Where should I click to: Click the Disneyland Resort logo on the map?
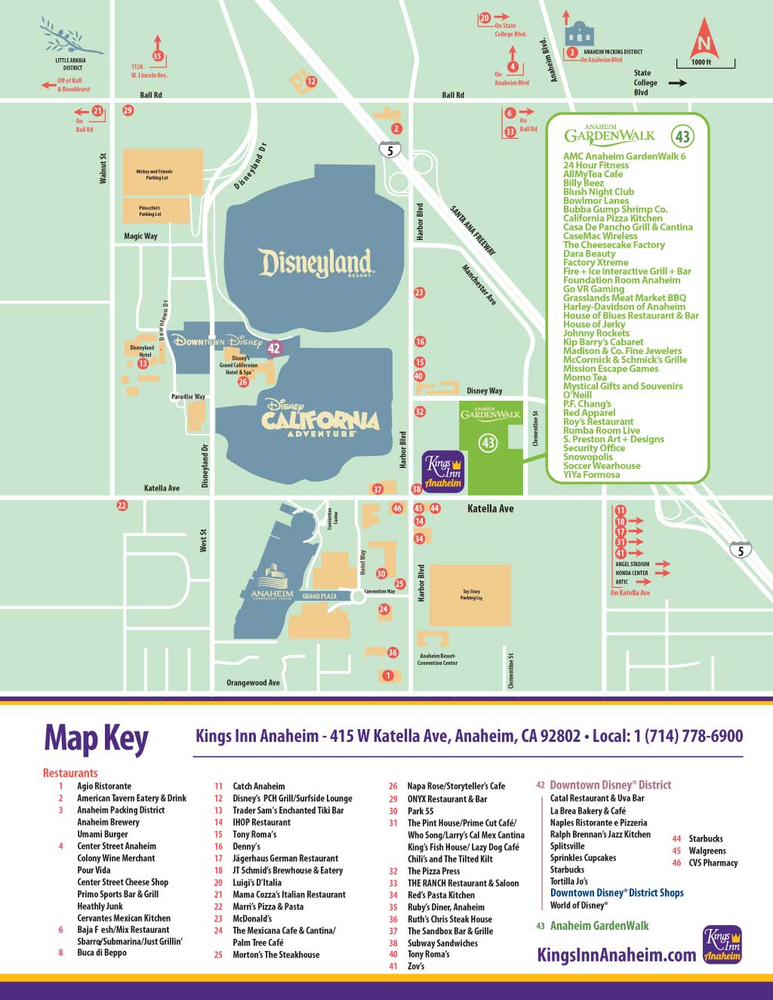(316, 263)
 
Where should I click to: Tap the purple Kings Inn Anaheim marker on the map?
(443, 472)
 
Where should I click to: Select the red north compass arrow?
(704, 38)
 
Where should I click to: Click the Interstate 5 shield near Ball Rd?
(390, 149)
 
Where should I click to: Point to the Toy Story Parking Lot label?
(471, 595)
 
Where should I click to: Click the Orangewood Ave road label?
(253, 682)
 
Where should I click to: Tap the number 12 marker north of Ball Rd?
(311, 82)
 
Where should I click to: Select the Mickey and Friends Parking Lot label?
(154, 174)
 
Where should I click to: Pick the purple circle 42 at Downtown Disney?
(274, 348)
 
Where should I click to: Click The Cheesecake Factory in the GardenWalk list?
(614, 245)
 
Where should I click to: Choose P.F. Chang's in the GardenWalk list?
(587, 404)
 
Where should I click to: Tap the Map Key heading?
(96, 737)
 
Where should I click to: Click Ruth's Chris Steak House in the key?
(449, 918)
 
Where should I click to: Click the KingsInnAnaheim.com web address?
(616, 955)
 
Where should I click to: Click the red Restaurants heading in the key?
(70, 773)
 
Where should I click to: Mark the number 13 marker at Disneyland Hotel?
(143, 363)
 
